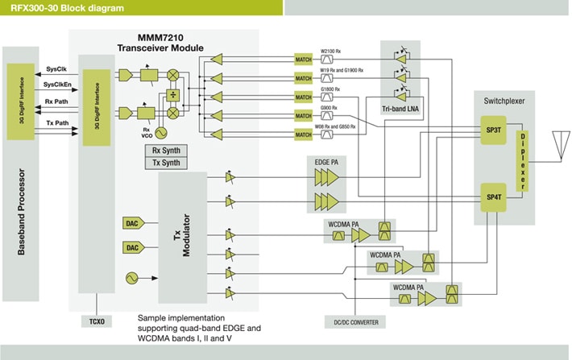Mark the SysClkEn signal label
(57, 85)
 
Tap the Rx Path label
(56, 101)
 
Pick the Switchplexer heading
(504, 102)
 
